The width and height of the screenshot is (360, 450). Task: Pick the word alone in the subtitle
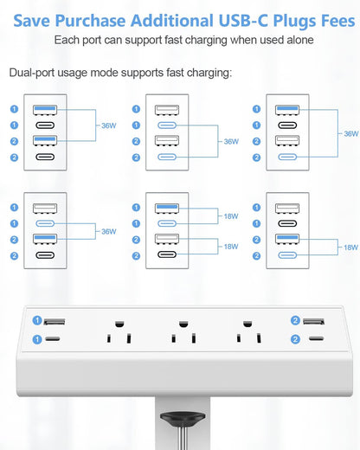(x=290, y=40)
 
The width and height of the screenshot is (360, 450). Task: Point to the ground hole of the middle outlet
(x=182, y=324)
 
